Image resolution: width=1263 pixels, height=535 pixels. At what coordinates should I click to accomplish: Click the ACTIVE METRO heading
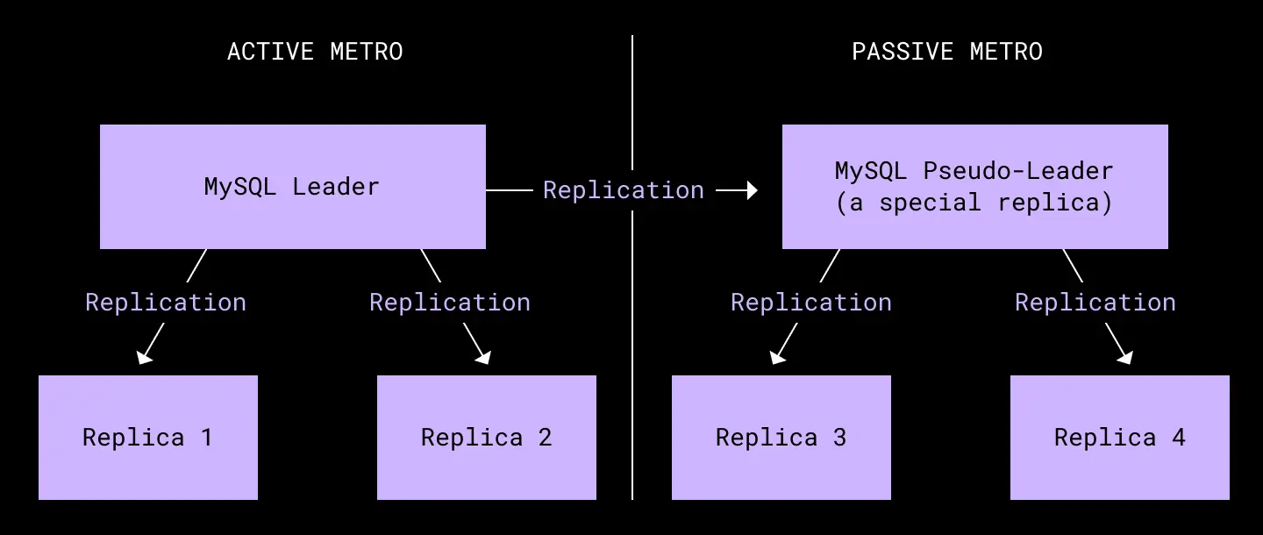click(x=315, y=52)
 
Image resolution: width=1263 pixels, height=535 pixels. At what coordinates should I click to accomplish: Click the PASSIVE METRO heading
click(x=947, y=52)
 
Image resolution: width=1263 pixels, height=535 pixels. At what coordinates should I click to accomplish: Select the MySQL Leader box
click(x=293, y=187)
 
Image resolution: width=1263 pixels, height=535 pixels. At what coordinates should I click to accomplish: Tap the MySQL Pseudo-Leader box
click(x=975, y=187)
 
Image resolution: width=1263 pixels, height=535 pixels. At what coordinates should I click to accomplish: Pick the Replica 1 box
click(x=148, y=438)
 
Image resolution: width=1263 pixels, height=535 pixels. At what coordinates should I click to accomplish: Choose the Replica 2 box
click(x=487, y=438)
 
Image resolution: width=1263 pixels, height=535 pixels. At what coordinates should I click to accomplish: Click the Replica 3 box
click(x=781, y=438)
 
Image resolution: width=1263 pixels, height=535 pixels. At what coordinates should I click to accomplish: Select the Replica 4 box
click(x=1120, y=438)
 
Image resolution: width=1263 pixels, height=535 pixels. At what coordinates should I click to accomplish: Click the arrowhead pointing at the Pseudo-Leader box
click(x=753, y=190)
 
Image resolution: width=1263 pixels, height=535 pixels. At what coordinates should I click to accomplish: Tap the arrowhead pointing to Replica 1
click(x=145, y=357)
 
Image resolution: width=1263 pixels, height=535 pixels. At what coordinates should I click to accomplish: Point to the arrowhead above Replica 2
click(x=483, y=357)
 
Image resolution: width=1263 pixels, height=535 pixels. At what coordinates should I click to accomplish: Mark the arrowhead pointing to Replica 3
click(x=778, y=357)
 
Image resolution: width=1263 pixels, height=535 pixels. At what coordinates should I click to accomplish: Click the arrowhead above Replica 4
click(x=1124, y=357)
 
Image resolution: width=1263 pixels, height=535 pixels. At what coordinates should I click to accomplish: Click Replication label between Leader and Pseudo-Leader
click(x=624, y=190)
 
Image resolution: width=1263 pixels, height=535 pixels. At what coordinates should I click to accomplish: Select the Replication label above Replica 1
click(x=166, y=303)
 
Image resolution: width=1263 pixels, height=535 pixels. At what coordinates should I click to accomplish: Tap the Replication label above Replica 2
click(x=450, y=303)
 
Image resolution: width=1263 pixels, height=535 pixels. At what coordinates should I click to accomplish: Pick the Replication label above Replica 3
click(x=811, y=303)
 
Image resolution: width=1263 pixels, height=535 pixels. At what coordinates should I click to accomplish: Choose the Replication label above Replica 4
click(x=1095, y=303)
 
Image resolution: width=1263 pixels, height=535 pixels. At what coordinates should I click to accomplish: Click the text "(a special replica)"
click(x=974, y=203)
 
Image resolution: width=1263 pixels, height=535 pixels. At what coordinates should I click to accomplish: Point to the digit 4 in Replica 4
click(x=1179, y=438)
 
